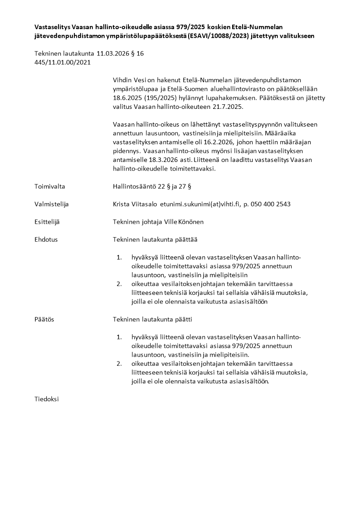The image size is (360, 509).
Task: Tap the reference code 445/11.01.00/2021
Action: [x=63, y=62]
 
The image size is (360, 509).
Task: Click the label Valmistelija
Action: [x=52, y=204]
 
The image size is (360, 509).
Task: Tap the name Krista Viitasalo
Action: [x=135, y=204]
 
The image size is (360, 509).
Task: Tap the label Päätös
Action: [x=44, y=319]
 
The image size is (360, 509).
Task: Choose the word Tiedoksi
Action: [x=47, y=399]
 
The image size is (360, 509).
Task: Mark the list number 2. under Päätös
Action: [x=119, y=364]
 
